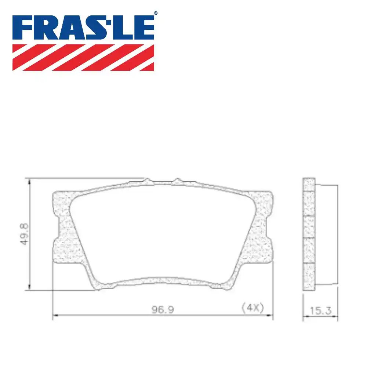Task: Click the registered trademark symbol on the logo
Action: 156,13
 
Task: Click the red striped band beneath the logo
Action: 83,57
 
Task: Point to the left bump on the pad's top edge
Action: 147,180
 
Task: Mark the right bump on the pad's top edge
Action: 177,180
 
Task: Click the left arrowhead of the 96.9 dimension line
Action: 55,315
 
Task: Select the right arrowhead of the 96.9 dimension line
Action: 271,315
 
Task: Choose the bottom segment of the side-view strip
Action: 309,277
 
